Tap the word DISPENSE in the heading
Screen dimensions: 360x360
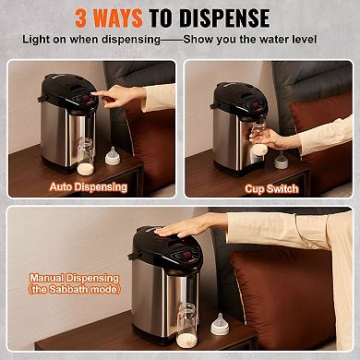click(x=228, y=18)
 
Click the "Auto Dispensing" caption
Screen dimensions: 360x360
click(x=90, y=186)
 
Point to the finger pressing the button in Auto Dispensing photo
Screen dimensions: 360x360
click(x=103, y=96)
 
